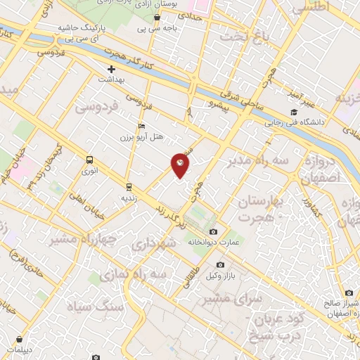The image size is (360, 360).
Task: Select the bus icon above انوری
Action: click(89, 160)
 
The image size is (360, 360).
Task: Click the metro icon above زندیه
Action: click(129, 187)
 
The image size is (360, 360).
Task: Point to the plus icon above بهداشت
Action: click(111, 69)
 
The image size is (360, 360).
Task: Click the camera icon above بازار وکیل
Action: click(220, 265)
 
